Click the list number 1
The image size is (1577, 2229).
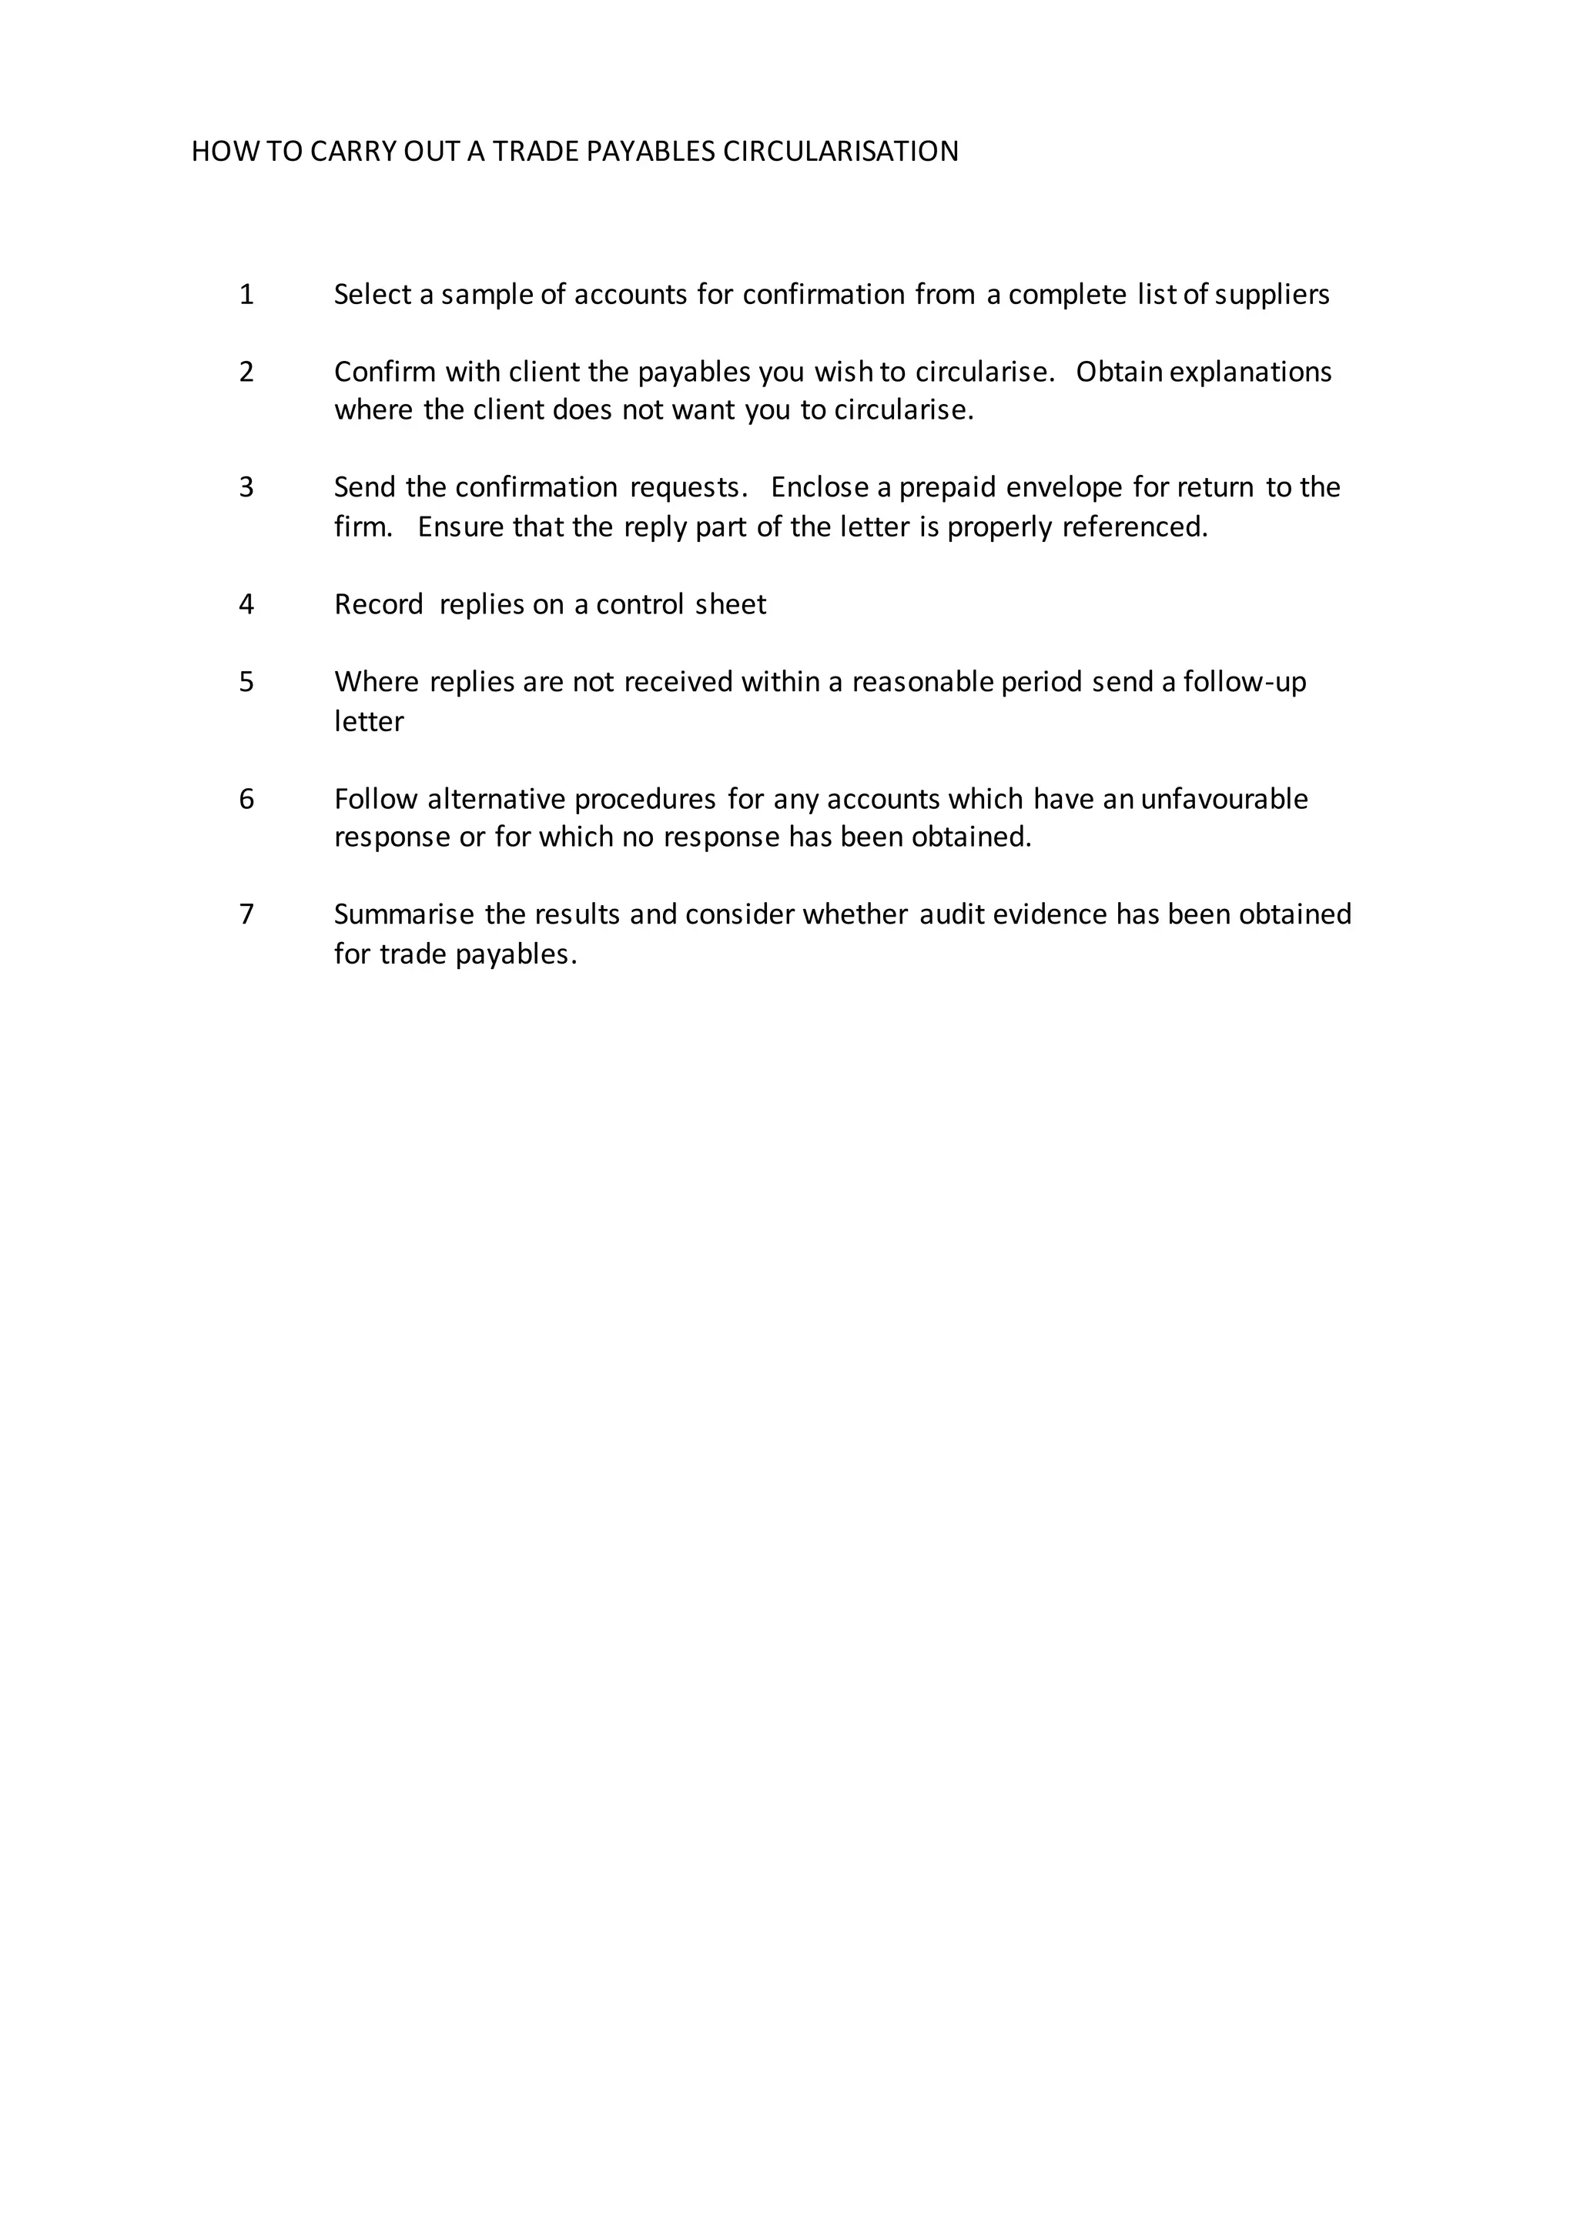tap(246, 294)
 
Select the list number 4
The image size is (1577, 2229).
tap(246, 605)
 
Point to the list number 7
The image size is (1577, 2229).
tap(246, 914)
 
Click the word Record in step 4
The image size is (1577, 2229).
tap(379, 605)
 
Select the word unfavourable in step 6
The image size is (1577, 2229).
tap(1224, 799)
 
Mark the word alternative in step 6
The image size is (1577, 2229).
tap(496, 799)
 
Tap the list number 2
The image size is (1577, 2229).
tap(246, 372)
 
